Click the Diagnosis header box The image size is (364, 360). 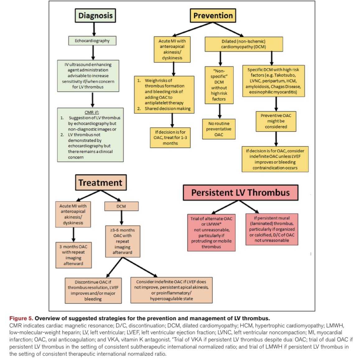click(95, 16)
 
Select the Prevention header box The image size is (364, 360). click(213, 16)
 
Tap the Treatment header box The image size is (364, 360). click(100, 182)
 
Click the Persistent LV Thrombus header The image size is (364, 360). click(240, 193)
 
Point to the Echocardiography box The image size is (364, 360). click(92, 41)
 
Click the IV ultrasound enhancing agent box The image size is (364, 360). click(88, 76)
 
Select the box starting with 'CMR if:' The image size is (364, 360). click(90, 135)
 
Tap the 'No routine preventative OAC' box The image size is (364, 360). click(219, 129)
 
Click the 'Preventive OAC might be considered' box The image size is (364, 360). click(276, 121)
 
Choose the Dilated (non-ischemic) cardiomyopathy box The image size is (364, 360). click(244, 44)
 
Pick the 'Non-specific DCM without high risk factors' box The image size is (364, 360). click(219, 85)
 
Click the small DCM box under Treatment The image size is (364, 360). click(121, 206)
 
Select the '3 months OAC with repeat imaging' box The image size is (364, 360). click(73, 255)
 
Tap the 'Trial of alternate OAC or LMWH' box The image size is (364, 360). click(211, 232)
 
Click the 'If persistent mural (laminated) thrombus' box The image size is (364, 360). click(272, 229)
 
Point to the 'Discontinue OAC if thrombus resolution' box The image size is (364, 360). click(93, 290)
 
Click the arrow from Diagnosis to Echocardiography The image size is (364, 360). click(94, 29)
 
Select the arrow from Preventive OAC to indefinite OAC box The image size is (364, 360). click(276, 139)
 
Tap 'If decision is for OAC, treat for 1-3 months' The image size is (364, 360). click(170, 137)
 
